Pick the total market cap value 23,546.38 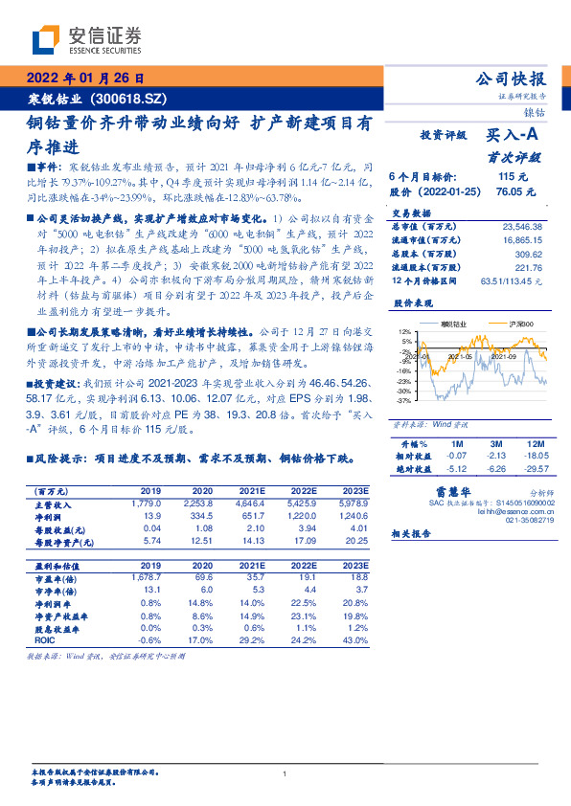point(521,226)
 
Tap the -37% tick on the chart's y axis point(406,401)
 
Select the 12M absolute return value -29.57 point(536,469)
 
